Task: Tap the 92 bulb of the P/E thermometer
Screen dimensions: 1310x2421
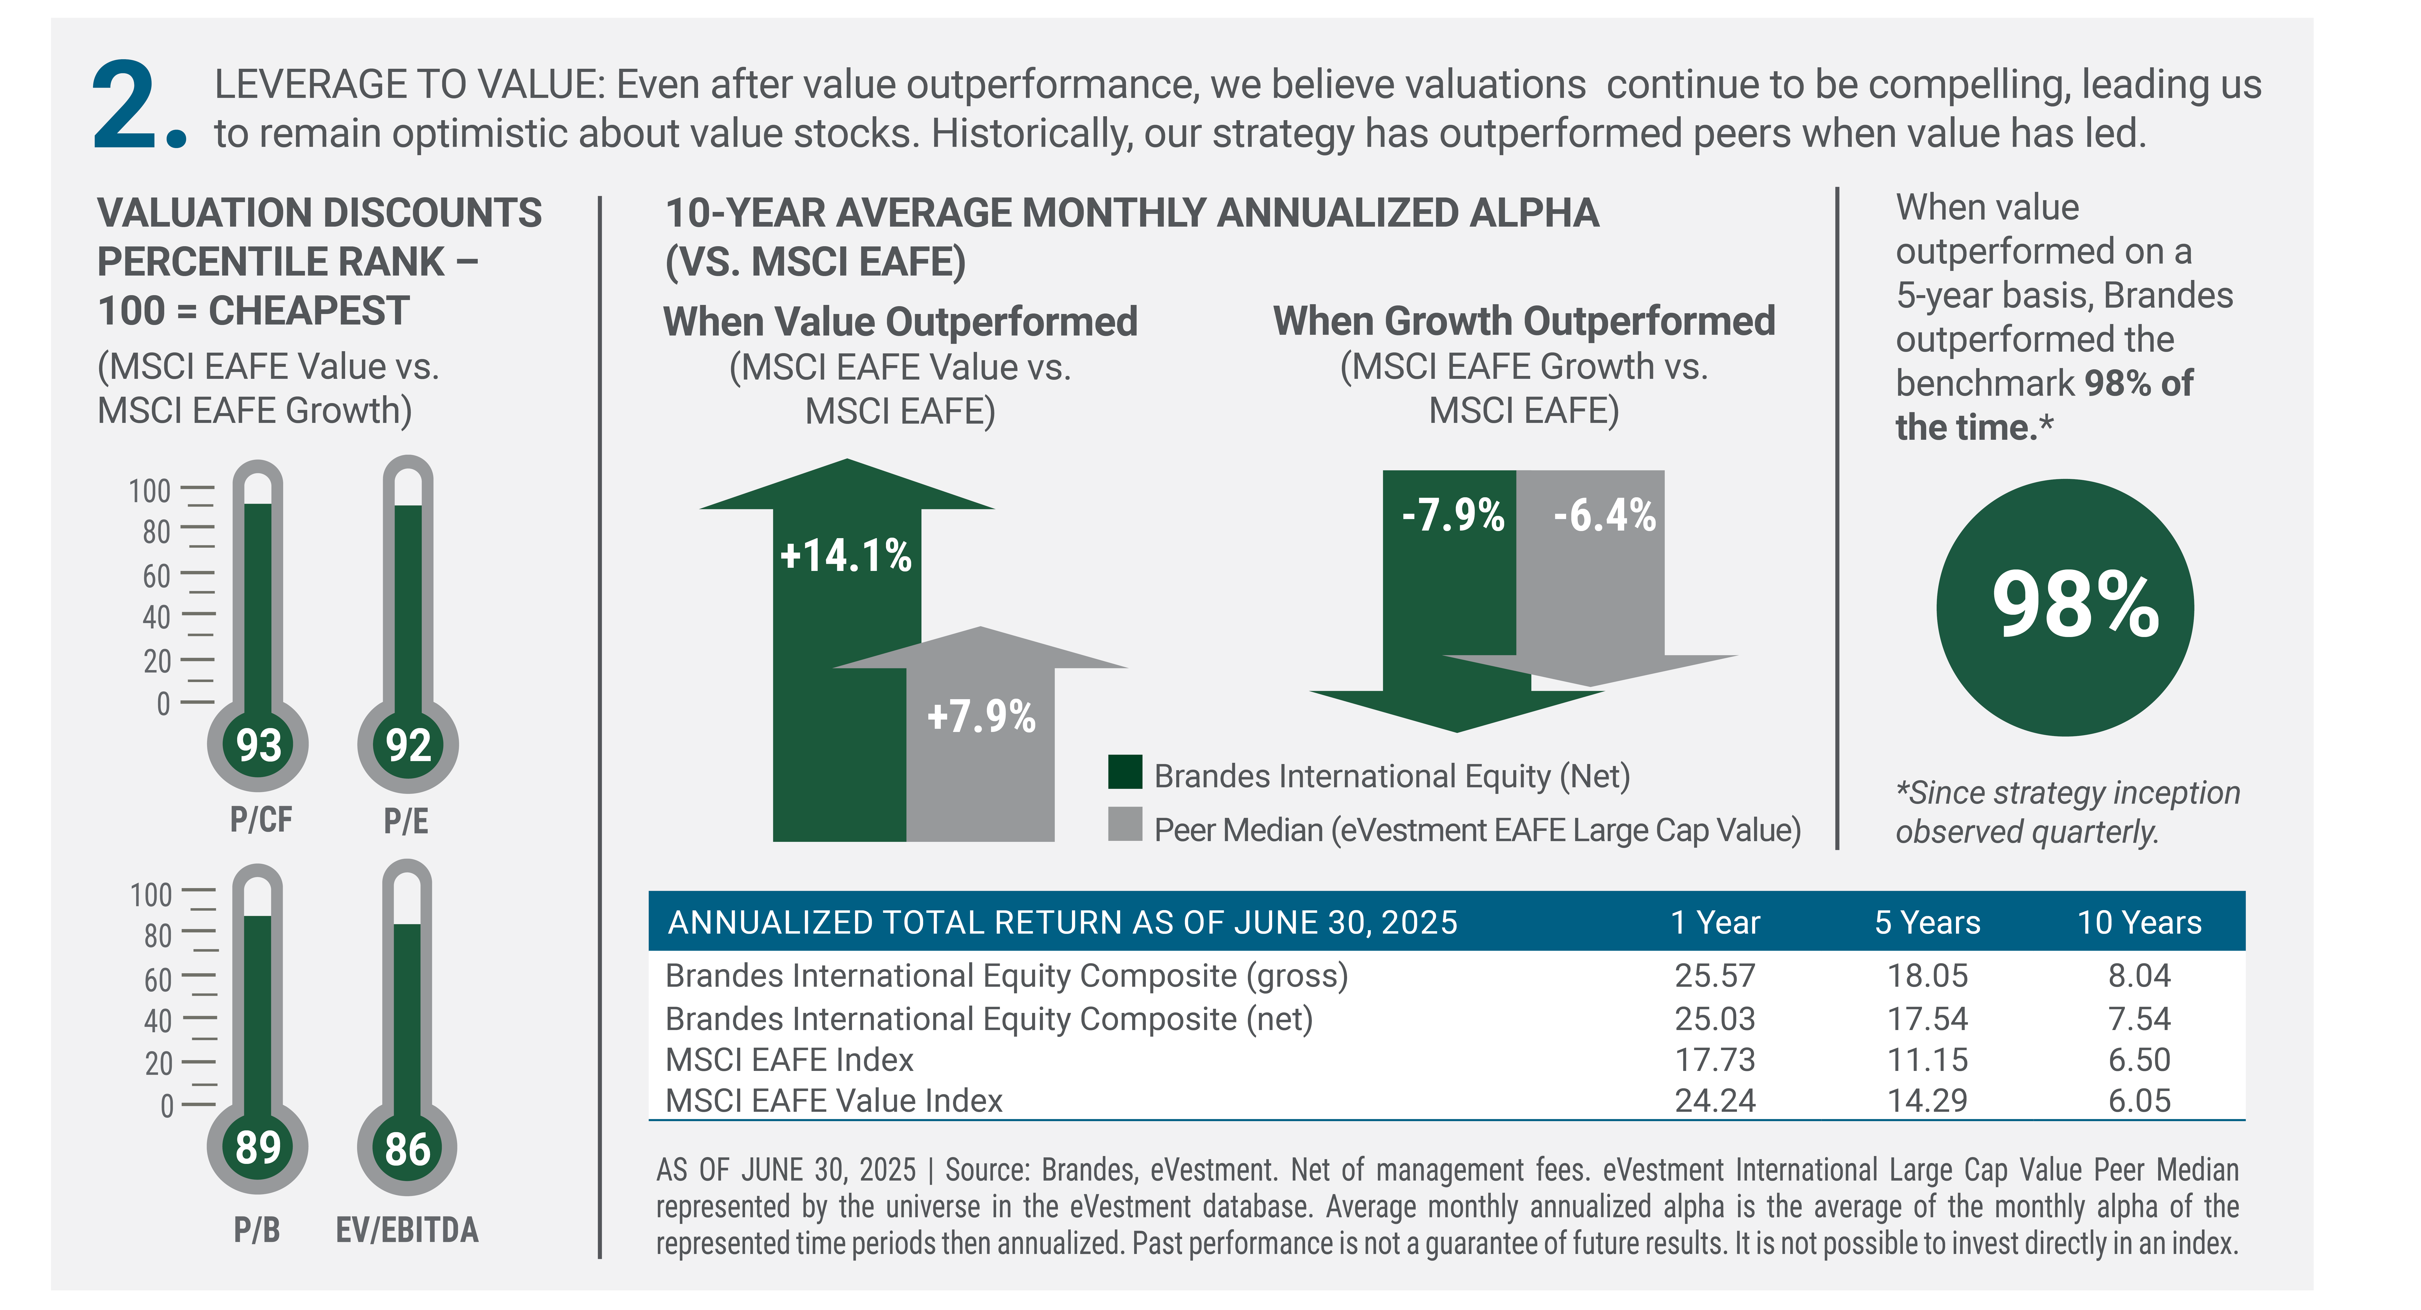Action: pos(408,745)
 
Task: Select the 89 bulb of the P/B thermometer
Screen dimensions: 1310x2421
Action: pos(257,1148)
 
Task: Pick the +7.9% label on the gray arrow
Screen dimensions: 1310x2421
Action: pos(981,716)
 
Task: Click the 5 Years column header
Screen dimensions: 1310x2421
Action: pos(1927,923)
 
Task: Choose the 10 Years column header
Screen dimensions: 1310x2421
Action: pos(2139,923)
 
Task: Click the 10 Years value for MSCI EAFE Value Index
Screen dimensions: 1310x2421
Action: pos(2139,1101)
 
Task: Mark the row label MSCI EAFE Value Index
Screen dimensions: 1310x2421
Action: pos(834,1101)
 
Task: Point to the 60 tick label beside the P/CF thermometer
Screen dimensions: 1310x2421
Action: pos(156,575)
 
